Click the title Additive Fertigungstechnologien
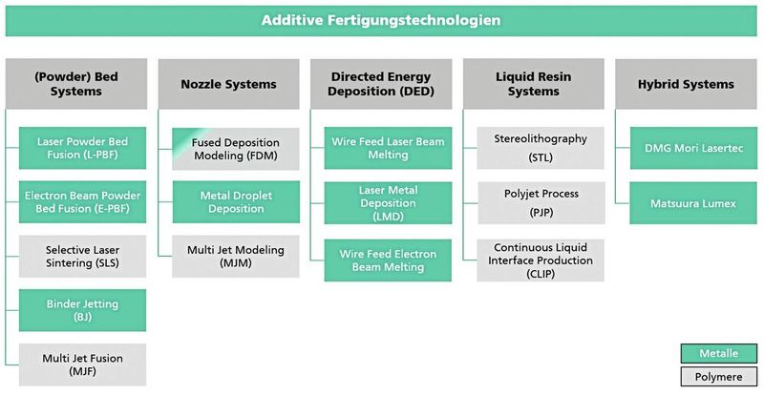[382, 20]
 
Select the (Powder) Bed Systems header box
[75, 84]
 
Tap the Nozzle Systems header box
[228, 84]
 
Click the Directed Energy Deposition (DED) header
[381, 84]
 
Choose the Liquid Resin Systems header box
[534, 84]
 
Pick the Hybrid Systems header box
[685, 84]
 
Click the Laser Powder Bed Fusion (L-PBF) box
[82, 148]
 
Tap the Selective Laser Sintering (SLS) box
[82, 256]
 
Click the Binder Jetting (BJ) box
[82, 310]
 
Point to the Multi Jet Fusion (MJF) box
[82, 364]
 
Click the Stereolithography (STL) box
[540, 148]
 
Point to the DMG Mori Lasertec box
[691, 148]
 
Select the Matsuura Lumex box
[691, 202]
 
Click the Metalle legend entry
[719, 352]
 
